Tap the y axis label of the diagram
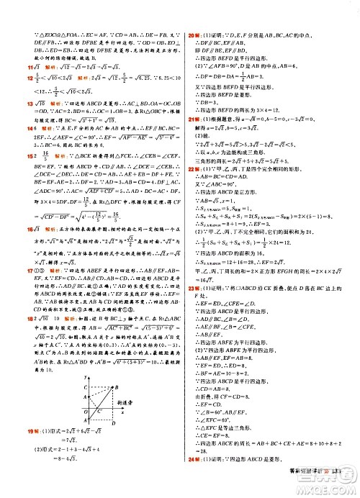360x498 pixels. [x=84, y=376]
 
